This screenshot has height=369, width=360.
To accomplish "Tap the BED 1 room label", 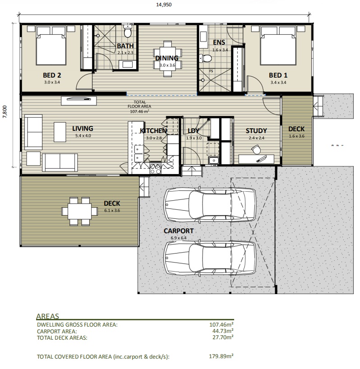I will click(x=278, y=75).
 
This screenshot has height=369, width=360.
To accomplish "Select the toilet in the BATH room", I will click(x=128, y=33).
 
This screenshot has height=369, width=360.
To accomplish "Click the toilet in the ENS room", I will click(x=207, y=58).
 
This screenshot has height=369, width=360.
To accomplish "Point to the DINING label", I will click(x=167, y=58).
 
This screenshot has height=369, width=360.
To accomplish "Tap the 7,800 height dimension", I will click(x=5, y=111).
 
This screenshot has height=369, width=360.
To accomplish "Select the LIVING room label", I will click(x=83, y=129).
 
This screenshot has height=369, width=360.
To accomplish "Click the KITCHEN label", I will click(x=153, y=131).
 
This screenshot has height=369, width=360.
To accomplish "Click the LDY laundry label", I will click(x=194, y=131).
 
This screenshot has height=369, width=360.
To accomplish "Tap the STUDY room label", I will click(x=256, y=131).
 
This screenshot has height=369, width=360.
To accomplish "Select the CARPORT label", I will click(x=178, y=231).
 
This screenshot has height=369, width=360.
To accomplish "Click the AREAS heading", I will click(x=47, y=317).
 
